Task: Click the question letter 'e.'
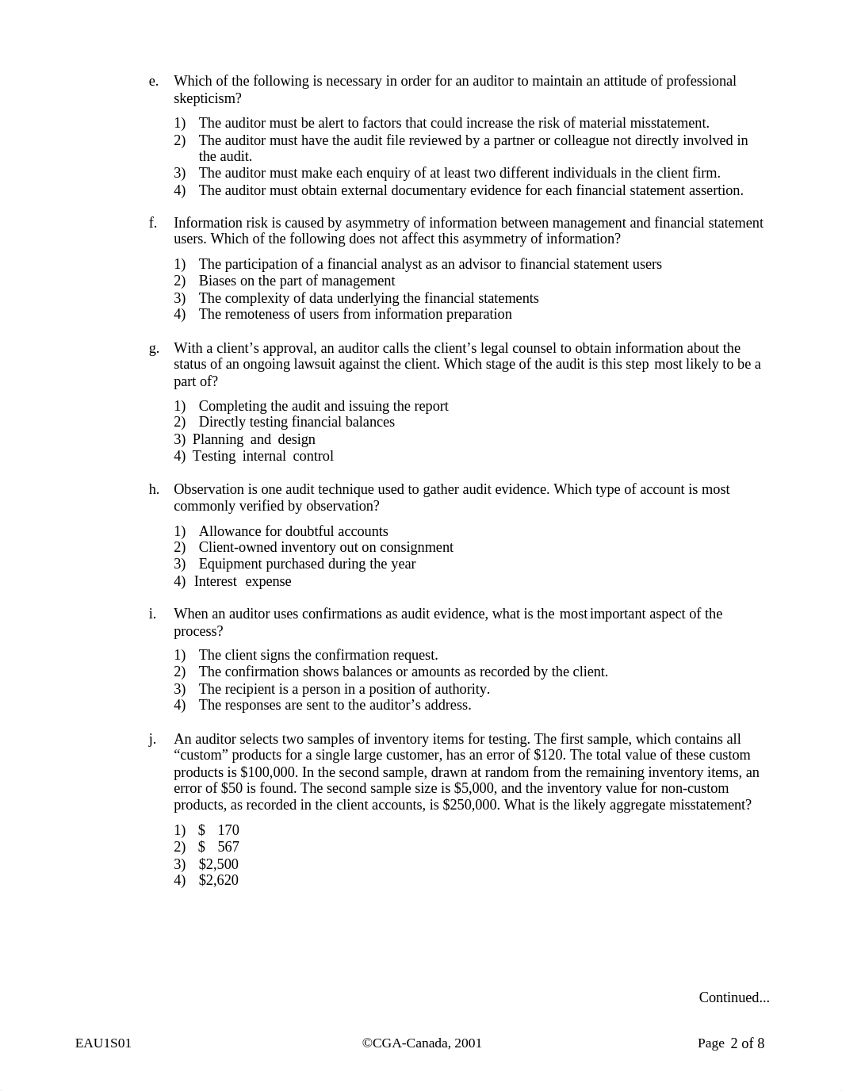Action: (154, 82)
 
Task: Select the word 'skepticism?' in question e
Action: (208, 98)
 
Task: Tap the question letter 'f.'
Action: (153, 223)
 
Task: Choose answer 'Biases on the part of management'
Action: (297, 281)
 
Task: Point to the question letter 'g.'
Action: (154, 348)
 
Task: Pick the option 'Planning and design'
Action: (254, 439)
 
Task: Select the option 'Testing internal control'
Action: (263, 456)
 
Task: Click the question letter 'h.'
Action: (154, 489)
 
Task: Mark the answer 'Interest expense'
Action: (243, 581)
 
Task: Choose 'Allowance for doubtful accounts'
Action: (293, 531)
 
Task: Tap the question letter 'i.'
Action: (152, 614)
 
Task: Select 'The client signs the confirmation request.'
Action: (318, 655)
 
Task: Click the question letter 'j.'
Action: (152, 739)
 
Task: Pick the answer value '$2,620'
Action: (218, 880)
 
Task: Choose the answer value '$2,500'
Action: (218, 864)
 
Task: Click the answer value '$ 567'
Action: (218, 847)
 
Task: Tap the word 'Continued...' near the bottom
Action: (733, 997)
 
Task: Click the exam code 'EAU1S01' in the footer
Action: (103, 1043)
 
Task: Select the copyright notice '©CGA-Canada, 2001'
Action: (422, 1043)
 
